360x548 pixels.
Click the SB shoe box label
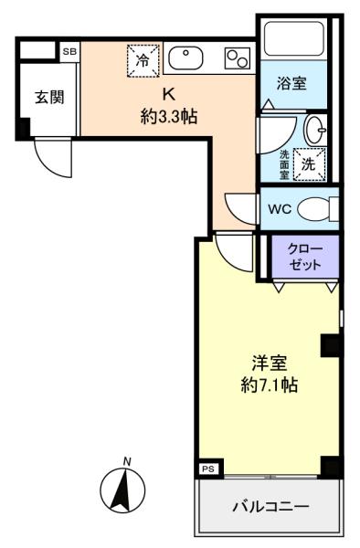tap(69, 52)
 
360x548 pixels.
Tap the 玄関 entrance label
tap(50, 99)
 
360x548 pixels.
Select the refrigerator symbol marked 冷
tap(142, 59)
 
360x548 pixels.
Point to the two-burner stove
tap(238, 59)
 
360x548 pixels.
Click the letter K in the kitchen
tap(168, 94)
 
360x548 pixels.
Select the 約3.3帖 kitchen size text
tap(168, 116)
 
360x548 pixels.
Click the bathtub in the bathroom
tap(292, 40)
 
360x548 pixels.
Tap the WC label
tap(280, 208)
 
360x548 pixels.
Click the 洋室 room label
tap(267, 360)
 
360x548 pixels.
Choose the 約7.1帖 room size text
tap(267, 384)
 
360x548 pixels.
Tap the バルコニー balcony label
tap(270, 506)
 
